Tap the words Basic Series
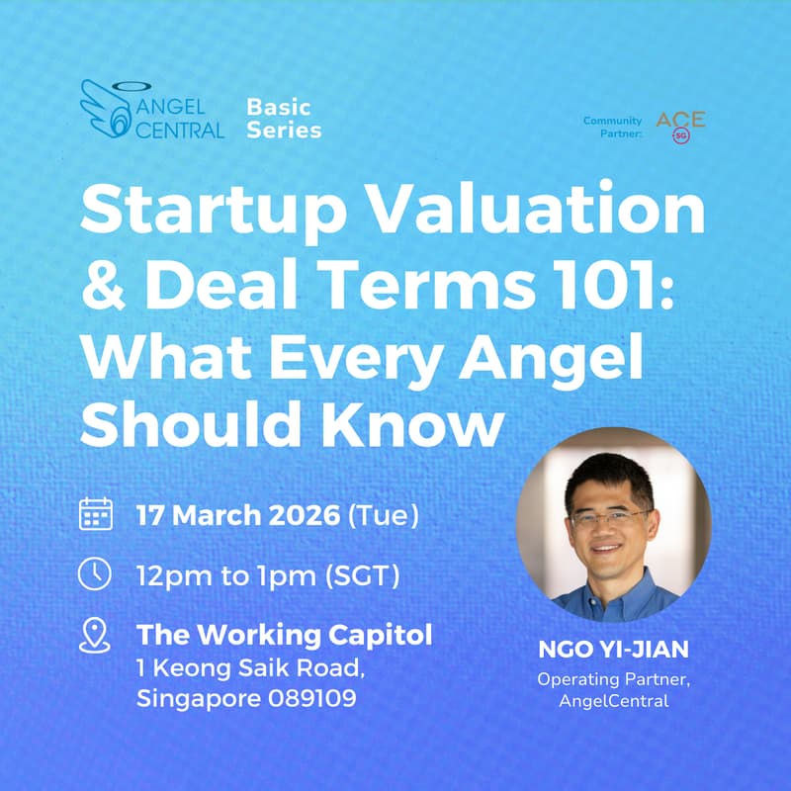click(x=284, y=117)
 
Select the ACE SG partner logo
click(x=680, y=126)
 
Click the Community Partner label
click(x=612, y=126)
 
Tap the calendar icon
click(x=96, y=514)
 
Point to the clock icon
click(x=96, y=574)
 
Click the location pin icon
click(x=95, y=635)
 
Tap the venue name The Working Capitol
click(x=285, y=634)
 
